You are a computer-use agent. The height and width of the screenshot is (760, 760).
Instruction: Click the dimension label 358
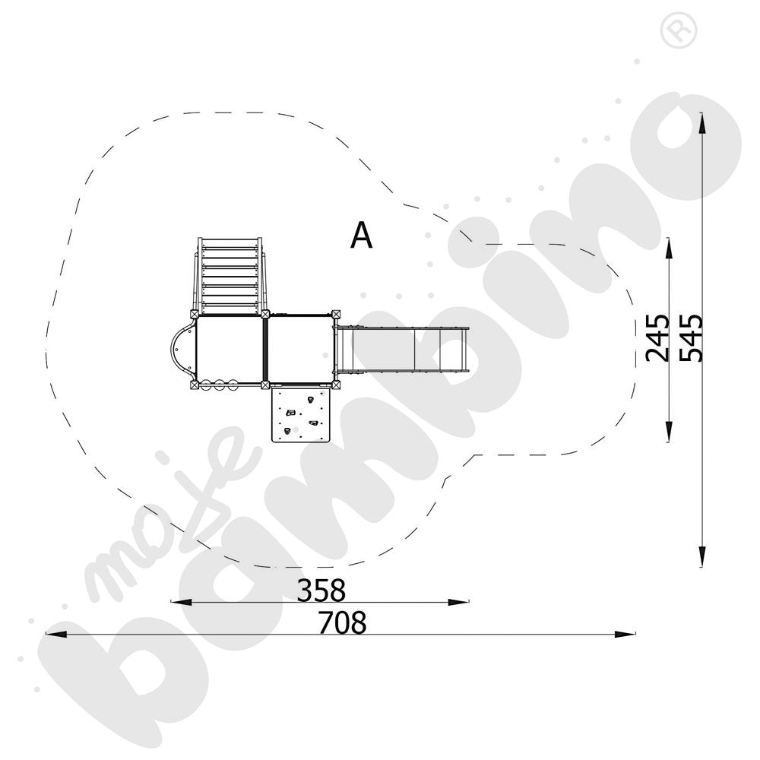point(321,589)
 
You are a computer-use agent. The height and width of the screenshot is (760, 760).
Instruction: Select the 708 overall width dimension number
point(342,622)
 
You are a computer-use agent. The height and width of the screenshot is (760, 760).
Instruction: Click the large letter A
point(362,236)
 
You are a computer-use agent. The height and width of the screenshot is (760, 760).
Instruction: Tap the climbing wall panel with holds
point(302,414)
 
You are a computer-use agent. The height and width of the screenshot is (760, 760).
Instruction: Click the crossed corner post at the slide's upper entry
point(335,313)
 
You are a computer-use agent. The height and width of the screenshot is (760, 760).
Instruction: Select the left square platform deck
point(230,349)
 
